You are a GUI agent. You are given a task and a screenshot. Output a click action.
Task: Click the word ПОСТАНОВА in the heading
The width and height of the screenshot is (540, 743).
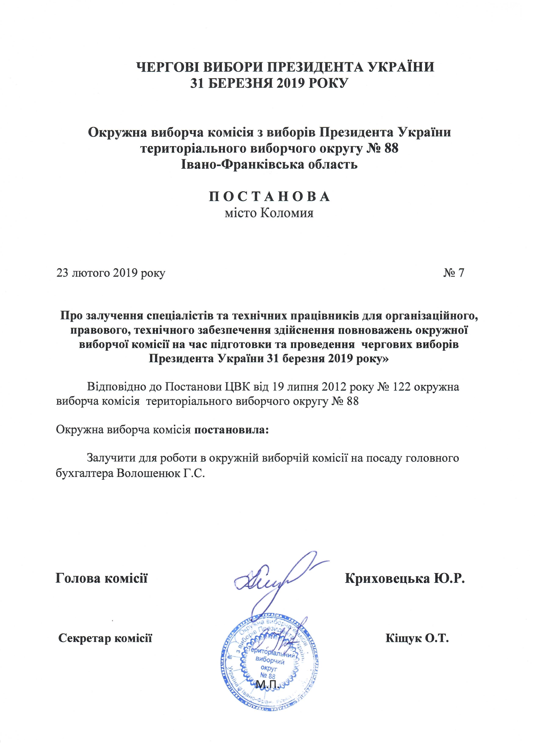click(x=270, y=197)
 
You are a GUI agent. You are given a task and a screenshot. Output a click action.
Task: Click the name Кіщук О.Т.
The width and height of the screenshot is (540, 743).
click(x=417, y=638)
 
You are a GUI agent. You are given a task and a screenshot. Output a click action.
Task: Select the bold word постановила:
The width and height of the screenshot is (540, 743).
click(x=231, y=430)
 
